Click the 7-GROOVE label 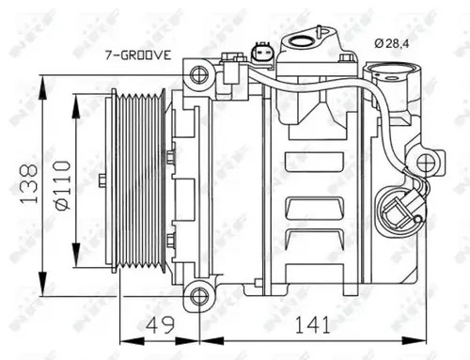pyautogui.click(x=137, y=55)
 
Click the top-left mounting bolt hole pyautogui.click(x=197, y=74)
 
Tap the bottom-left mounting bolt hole pyautogui.click(x=197, y=297)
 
